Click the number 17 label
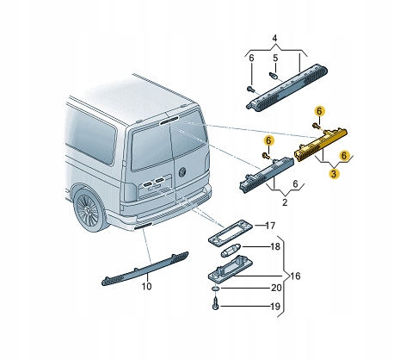point(269,227)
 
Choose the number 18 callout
point(274,247)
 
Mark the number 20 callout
point(275,289)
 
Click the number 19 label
point(275,306)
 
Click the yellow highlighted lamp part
point(320,142)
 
